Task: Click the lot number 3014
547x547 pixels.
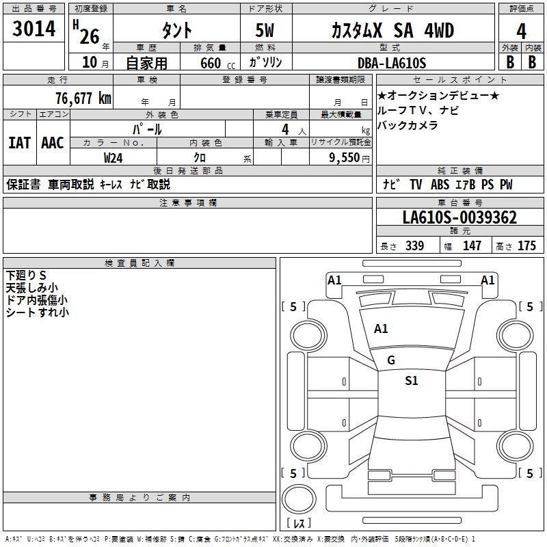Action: pyautogui.click(x=34, y=30)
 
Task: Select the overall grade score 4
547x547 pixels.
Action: pyautogui.click(x=522, y=31)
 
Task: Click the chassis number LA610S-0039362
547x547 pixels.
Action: pyautogui.click(x=459, y=218)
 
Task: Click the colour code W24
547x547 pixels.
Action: pyautogui.click(x=114, y=158)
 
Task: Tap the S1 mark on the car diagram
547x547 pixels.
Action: pyautogui.click(x=412, y=381)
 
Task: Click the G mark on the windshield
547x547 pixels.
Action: pyautogui.click(x=391, y=360)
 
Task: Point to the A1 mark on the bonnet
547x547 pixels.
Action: pyautogui.click(x=381, y=329)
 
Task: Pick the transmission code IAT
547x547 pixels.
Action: pyautogui.click(x=20, y=143)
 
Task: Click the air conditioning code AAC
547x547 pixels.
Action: pyautogui.click(x=53, y=143)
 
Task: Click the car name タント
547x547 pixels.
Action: pyautogui.click(x=176, y=31)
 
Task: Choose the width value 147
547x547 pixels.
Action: pyautogui.click(x=472, y=246)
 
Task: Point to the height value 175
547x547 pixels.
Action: pyautogui.click(x=526, y=246)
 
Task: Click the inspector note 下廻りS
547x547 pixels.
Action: pyautogui.click(x=26, y=275)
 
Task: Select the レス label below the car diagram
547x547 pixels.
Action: pyautogui.click(x=299, y=524)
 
